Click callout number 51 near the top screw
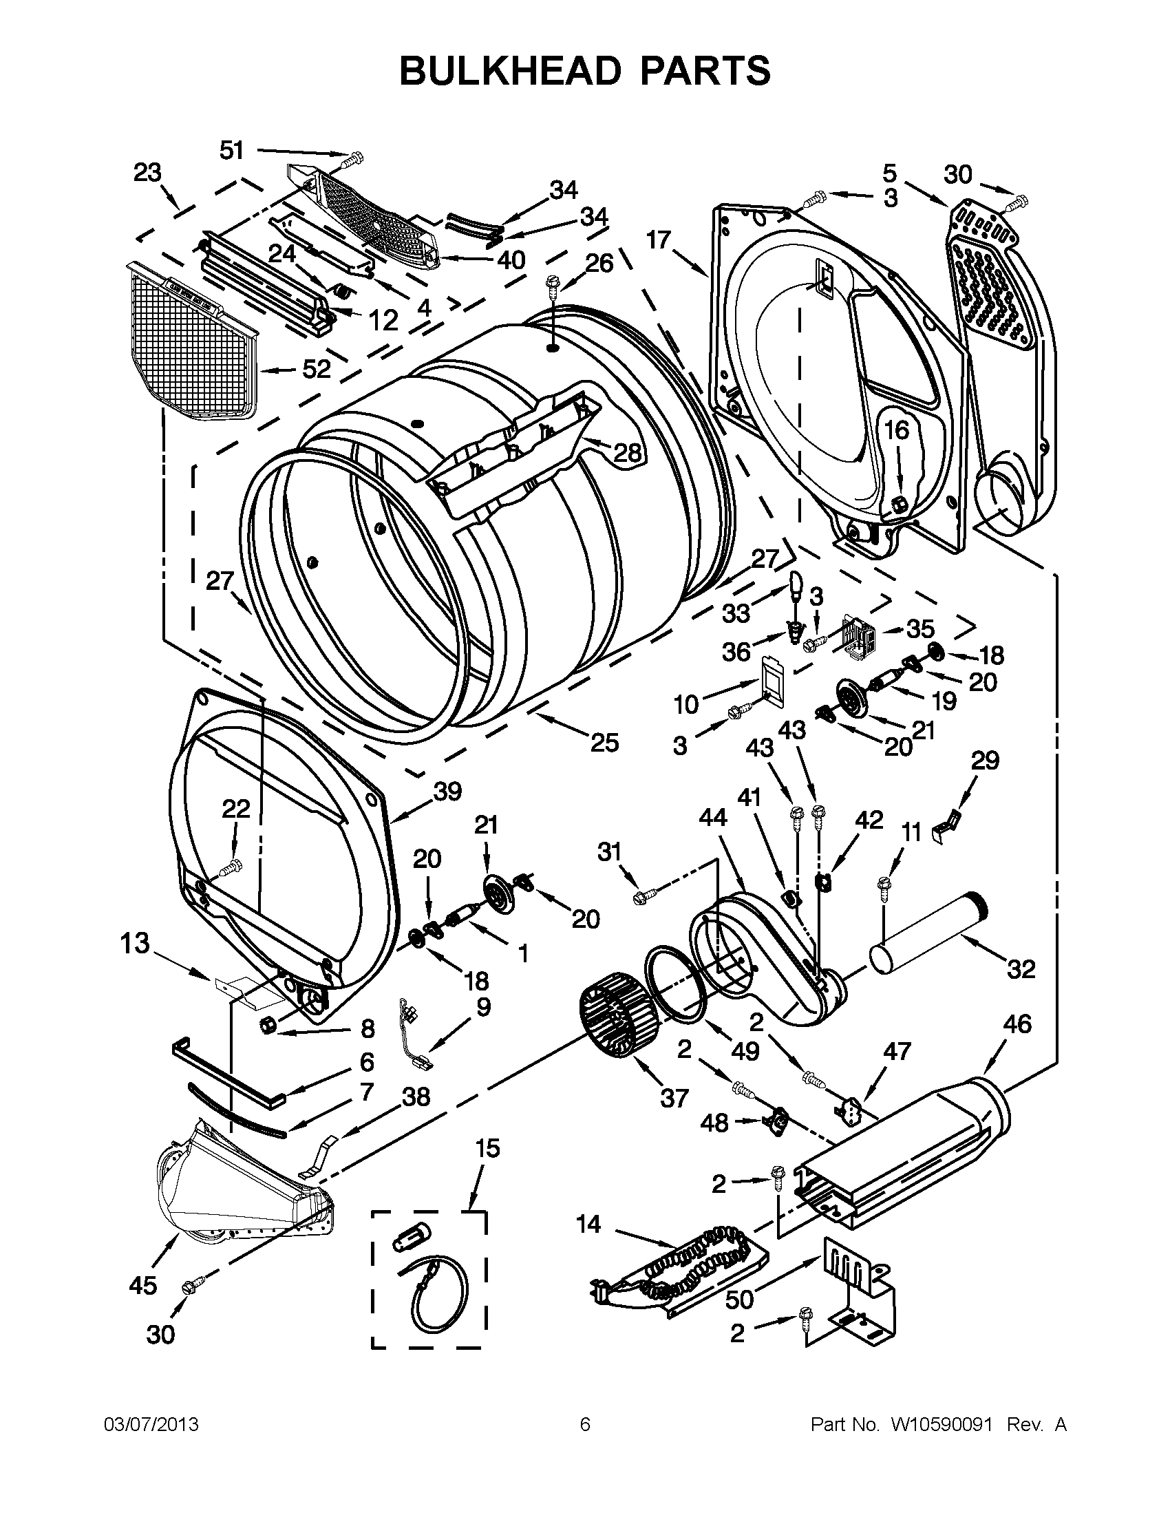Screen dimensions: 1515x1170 [232, 150]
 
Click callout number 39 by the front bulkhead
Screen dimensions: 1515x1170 [447, 791]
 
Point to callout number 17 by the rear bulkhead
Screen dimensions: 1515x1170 [659, 240]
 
